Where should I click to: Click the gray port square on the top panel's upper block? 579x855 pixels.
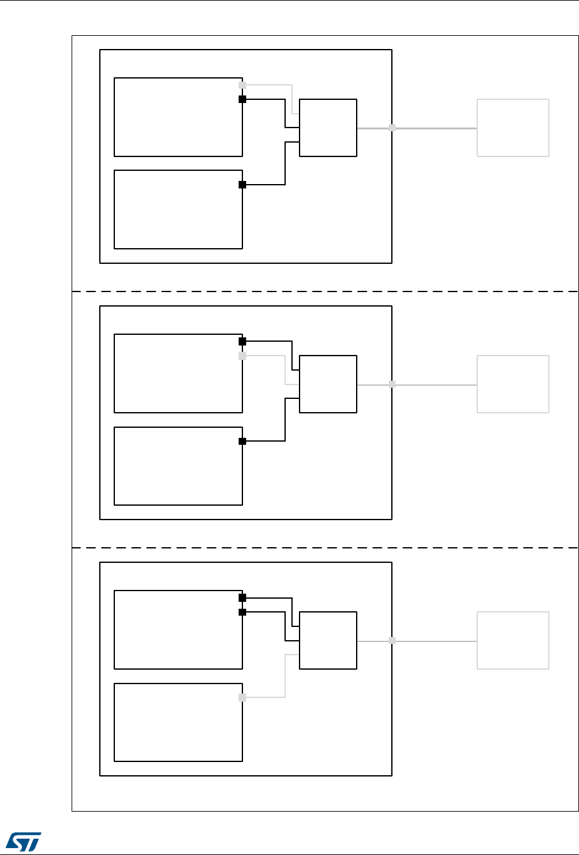point(242,84)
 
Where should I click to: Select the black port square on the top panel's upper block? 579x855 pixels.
point(242,99)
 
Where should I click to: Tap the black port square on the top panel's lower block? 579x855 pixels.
point(242,185)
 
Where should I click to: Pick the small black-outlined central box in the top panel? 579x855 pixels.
point(328,128)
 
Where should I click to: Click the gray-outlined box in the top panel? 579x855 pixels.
point(513,128)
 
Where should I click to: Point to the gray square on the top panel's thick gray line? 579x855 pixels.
point(392,128)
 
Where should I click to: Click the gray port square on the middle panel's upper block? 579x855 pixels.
point(242,356)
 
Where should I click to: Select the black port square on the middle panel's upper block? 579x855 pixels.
point(242,342)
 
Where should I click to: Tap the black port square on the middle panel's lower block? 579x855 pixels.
point(242,441)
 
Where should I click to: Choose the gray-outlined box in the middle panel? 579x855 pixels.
point(513,384)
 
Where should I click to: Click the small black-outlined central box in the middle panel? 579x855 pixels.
point(328,384)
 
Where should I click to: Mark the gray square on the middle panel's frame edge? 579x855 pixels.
point(392,384)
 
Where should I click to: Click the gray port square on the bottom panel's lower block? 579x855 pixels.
point(242,697)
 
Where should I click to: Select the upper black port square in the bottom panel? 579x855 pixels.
point(242,598)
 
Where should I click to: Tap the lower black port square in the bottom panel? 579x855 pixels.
point(242,612)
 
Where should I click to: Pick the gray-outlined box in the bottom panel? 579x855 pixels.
point(513,640)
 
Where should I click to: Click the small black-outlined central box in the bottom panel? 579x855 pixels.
point(328,640)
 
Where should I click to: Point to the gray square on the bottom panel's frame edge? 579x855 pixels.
point(392,640)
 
